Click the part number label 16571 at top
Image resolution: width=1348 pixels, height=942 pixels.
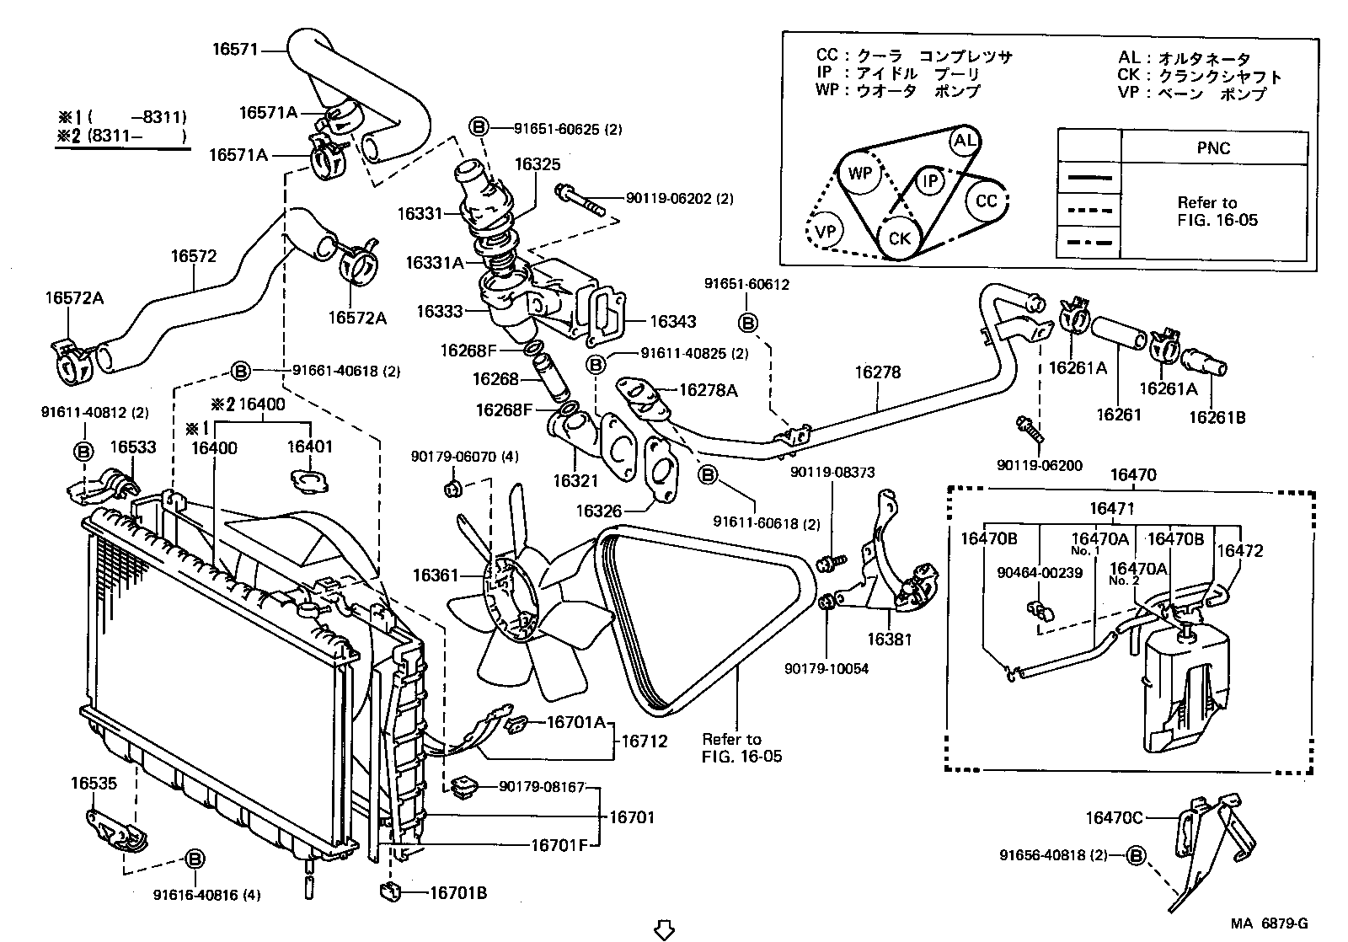234,50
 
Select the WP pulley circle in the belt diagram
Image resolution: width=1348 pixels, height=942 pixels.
859,174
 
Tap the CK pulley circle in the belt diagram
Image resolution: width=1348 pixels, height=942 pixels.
899,238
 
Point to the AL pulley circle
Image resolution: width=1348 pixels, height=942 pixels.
964,141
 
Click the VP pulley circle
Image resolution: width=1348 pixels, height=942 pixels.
826,230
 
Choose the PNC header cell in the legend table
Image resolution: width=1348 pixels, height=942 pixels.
1213,148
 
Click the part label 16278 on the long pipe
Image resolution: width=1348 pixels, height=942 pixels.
878,372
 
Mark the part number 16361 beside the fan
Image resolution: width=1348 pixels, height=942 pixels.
435,575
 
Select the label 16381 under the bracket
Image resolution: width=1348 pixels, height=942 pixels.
890,640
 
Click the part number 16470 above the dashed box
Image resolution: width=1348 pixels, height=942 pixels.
1133,475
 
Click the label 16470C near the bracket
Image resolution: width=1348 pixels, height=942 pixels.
1113,817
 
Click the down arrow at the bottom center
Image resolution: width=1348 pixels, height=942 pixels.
665,929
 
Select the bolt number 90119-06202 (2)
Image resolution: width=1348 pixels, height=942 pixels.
679,199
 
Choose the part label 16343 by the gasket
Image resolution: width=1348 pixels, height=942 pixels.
673,321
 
